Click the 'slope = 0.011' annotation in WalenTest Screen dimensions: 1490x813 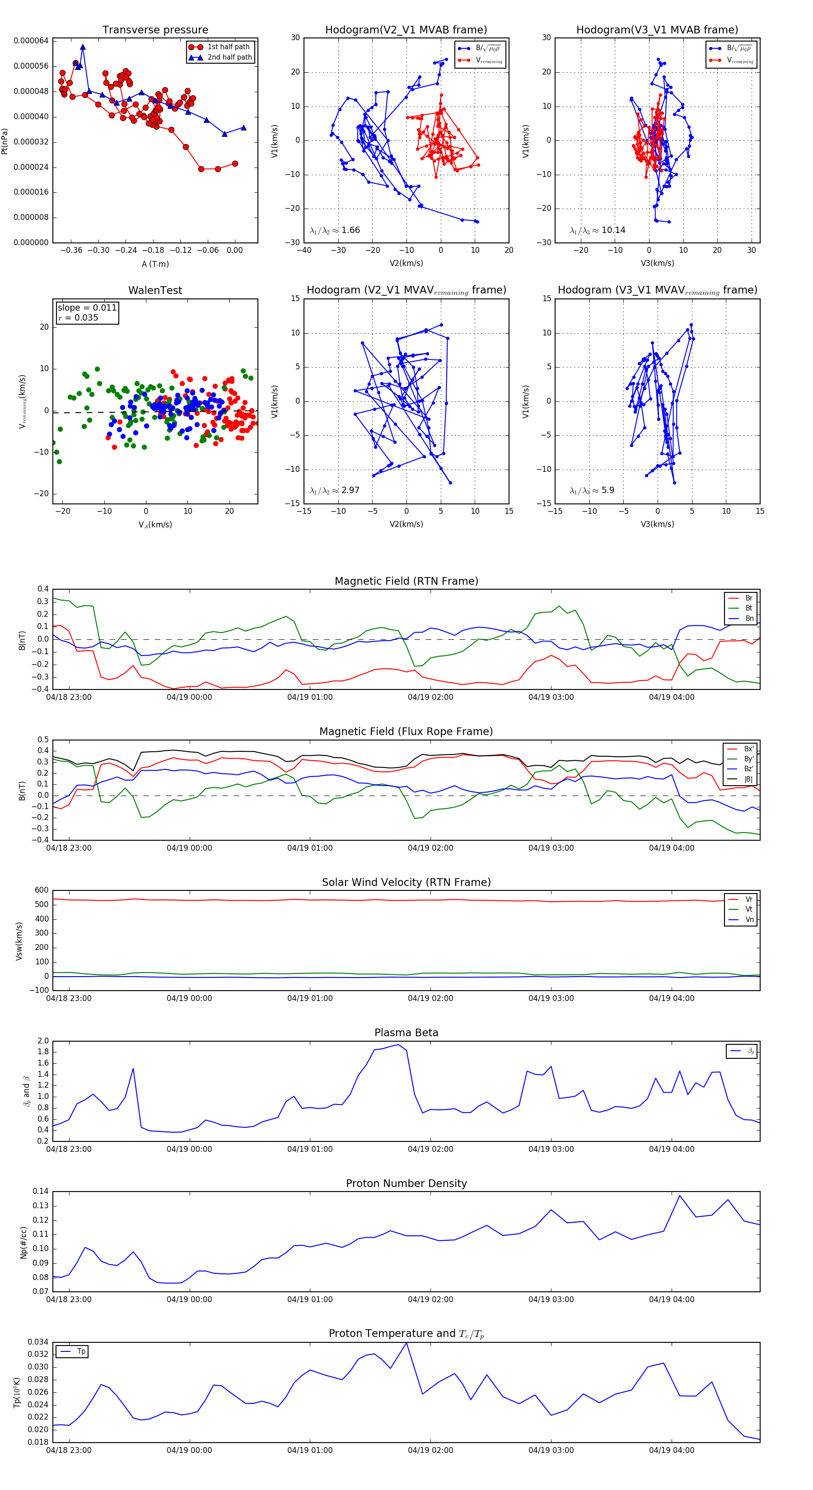click(87, 308)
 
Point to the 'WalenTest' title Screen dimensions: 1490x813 click(155, 290)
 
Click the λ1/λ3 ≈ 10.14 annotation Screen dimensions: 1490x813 click(597, 230)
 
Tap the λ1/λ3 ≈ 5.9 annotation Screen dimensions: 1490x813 click(592, 490)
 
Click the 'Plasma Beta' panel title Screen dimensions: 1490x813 click(406, 1033)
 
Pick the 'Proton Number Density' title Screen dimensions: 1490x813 click(406, 1183)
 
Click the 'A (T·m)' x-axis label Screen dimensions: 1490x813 click(155, 264)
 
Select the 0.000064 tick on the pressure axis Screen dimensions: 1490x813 click(31, 41)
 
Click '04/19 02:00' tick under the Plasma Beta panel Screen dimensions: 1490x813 click(430, 1149)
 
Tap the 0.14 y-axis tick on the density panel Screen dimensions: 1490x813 click(41, 1191)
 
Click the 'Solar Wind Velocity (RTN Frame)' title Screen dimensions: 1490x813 click(406, 882)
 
